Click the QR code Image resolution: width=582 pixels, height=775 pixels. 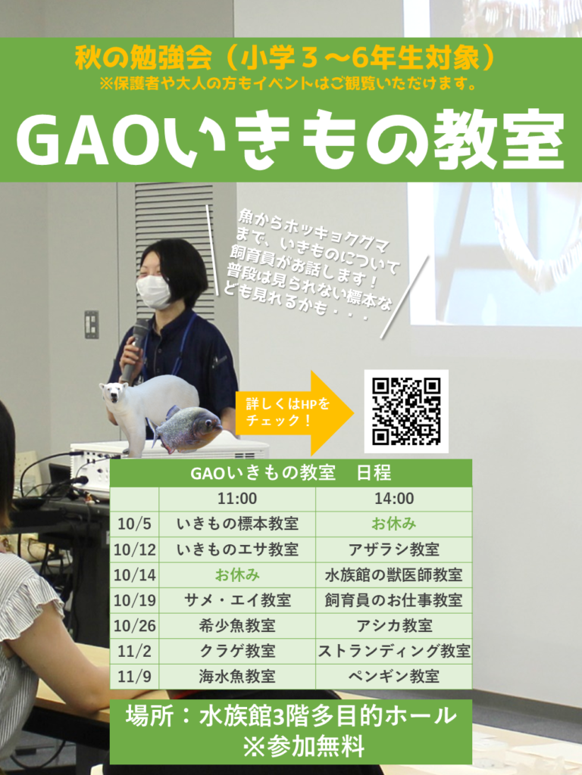pyautogui.click(x=406, y=411)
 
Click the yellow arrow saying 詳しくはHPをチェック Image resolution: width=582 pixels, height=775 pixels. pyautogui.click(x=295, y=412)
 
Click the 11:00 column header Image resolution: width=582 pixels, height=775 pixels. pyautogui.click(x=237, y=498)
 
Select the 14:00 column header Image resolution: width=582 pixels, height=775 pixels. pyautogui.click(x=394, y=498)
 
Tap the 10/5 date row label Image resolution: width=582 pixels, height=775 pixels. pyautogui.click(x=134, y=524)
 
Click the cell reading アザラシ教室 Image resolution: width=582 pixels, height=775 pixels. pyautogui.click(x=394, y=549)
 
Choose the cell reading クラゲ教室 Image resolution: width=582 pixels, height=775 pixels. pyautogui.click(x=237, y=651)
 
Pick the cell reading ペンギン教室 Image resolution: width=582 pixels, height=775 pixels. pyautogui.click(x=394, y=676)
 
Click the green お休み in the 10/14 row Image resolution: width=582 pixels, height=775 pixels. pyautogui.click(x=237, y=575)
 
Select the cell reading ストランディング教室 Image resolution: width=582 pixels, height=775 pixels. pyautogui.click(x=394, y=651)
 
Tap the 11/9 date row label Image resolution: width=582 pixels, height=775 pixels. pyautogui.click(x=134, y=677)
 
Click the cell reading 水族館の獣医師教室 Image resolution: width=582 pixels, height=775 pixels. pyautogui.click(x=394, y=575)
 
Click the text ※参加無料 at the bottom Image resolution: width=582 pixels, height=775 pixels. pyautogui.click(x=304, y=745)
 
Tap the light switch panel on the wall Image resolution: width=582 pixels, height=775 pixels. pyautogui.click(x=92, y=324)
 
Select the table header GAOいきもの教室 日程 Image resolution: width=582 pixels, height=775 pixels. pyautogui.click(x=290, y=473)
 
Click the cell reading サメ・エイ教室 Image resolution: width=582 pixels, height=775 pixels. pyautogui.click(x=237, y=600)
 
